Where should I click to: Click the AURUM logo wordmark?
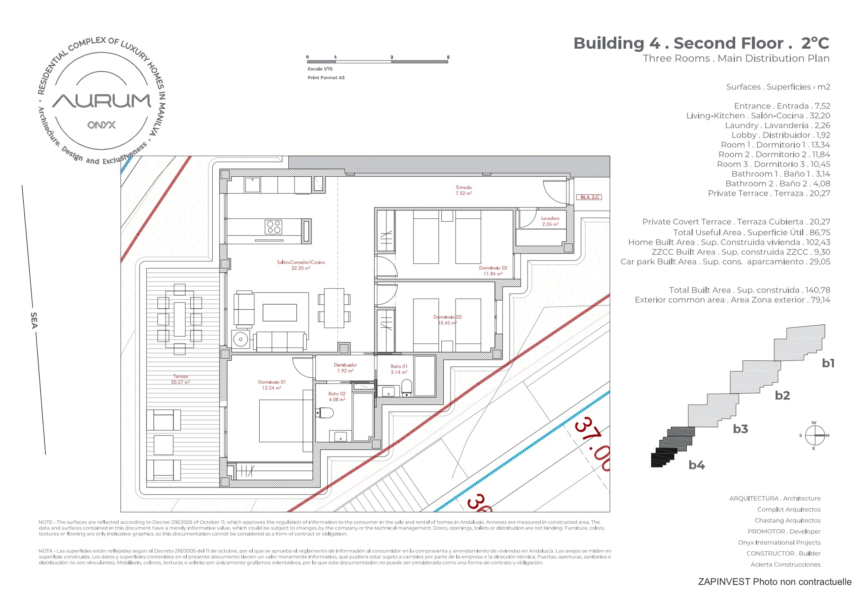(x=102, y=101)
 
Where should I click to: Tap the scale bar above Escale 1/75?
(x=377, y=62)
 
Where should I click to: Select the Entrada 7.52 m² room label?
(x=464, y=190)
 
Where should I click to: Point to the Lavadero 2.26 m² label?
(x=550, y=221)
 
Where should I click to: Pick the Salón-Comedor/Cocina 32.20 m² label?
(x=301, y=265)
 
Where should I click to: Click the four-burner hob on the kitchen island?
(x=273, y=227)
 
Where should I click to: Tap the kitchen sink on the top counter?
(x=252, y=185)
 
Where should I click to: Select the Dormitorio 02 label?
(x=493, y=271)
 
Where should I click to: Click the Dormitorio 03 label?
(x=447, y=320)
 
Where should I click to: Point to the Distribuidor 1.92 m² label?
(x=345, y=368)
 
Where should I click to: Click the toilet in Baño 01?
(x=407, y=388)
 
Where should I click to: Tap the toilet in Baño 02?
(x=325, y=412)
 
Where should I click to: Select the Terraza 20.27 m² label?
(x=180, y=379)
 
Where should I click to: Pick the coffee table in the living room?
(x=280, y=312)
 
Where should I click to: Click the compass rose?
(x=814, y=435)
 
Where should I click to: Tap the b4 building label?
(x=696, y=465)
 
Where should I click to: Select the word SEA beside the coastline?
(x=34, y=320)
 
